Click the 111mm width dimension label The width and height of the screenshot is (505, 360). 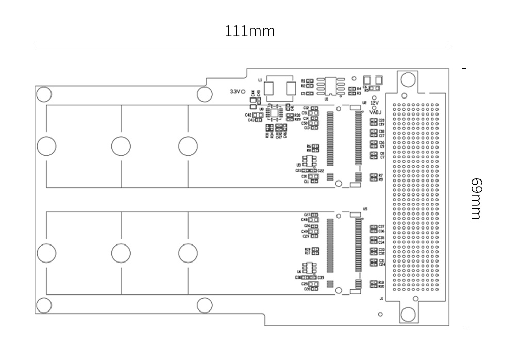[x=249, y=31]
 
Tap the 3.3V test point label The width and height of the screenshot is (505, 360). [x=235, y=91]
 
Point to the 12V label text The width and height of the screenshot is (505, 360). [x=375, y=103]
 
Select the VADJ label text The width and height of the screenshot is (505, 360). [x=375, y=111]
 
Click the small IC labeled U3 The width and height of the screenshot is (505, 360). [x=309, y=161]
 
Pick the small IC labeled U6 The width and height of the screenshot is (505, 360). [x=309, y=268]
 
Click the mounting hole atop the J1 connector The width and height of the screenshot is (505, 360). [x=408, y=79]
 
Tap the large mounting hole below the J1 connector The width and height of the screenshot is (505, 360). [x=408, y=314]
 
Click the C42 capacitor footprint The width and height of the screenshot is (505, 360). [x=258, y=115]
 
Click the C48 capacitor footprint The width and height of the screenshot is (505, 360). [x=314, y=220]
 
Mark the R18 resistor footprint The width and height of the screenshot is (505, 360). [x=373, y=282]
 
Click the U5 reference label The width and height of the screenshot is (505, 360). [x=365, y=209]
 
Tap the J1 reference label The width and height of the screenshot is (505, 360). [x=381, y=298]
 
